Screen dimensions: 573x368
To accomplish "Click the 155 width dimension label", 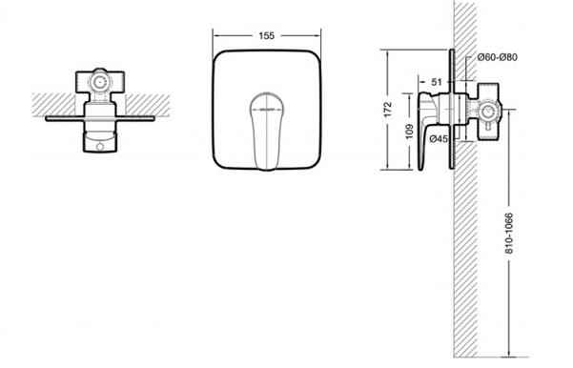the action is click(266, 36).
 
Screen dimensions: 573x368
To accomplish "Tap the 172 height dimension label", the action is click(388, 110).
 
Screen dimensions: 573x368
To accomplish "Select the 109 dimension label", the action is click(409, 132).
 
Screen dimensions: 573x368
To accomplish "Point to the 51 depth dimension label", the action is click(437, 82).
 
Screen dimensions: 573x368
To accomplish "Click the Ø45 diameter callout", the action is click(439, 139).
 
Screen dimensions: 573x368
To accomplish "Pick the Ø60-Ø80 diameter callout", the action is click(498, 57).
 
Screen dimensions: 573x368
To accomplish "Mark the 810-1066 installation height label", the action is click(509, 233).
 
